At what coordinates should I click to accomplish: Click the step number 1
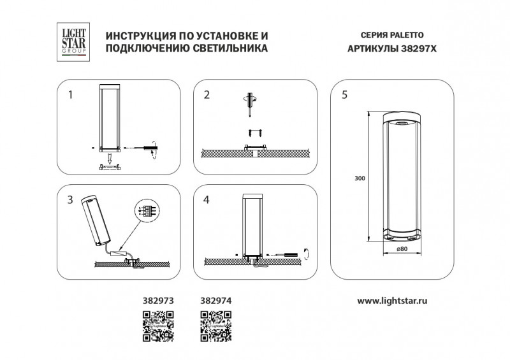point(71,95)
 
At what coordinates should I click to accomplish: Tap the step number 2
point(207,95)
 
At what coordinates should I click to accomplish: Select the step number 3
point(71,200)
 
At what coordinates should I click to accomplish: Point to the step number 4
point(207,200)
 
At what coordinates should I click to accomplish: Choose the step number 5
point(344,95)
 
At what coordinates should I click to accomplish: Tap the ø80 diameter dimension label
point(402,248)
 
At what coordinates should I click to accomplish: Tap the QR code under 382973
point(157,326)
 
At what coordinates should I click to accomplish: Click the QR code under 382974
point(216,326)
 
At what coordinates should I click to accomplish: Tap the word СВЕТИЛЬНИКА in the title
point(228,48)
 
